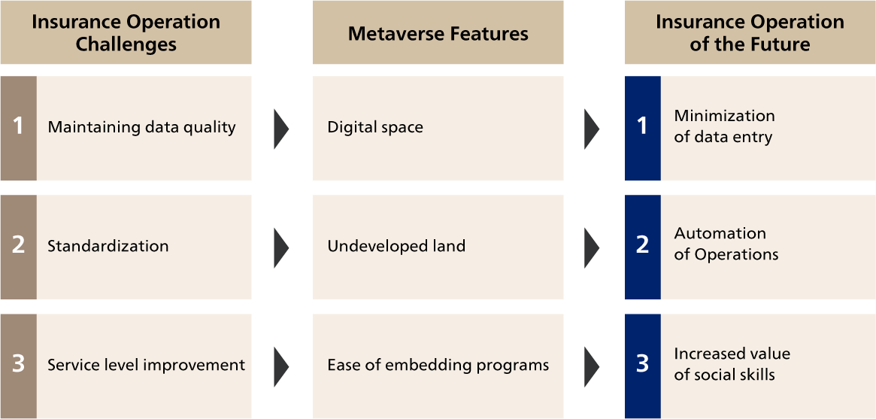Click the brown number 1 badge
click(x=19, y=128)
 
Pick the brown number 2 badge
click(x=19, y=247)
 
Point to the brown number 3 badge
click(x=19, y=366)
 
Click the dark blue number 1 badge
click(x=642, y=128)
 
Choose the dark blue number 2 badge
click(x=642, y=247)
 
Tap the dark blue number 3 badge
click(x=642, y=366)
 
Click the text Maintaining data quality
click(x=141, y=127)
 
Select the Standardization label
click(x=108, y=246)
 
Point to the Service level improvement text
click(x=147, y=366)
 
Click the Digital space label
click(x=375, y=127)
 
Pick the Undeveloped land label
click(x=397, y=246)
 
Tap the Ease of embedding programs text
click(x=438, y=366)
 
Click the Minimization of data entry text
click(x=725, y=126)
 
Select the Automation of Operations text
click(x=726, y=244)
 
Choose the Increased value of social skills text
click(x=732, y=364)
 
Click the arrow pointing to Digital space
click(x=281, y=129)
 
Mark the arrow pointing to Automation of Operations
click(x=592, y=247)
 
